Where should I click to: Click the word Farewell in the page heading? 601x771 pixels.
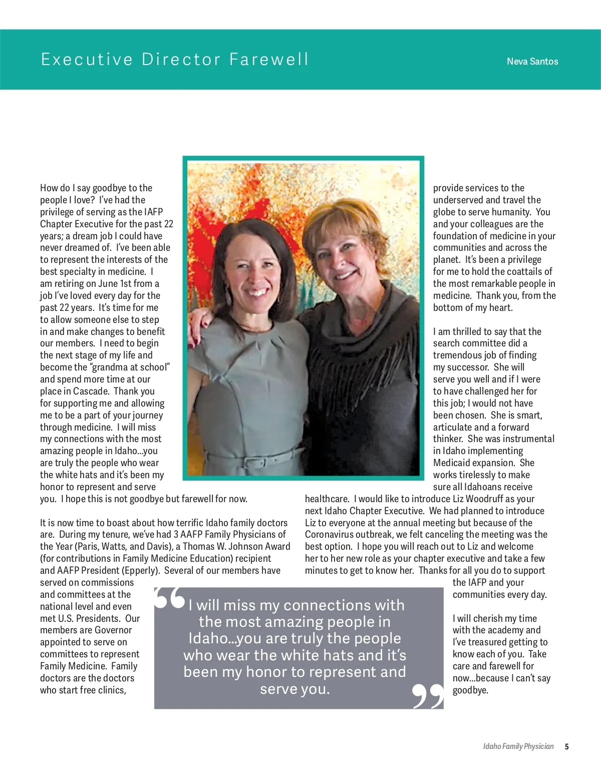[269, 59]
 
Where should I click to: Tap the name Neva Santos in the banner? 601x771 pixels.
[532, 62]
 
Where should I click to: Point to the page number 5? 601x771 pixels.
[566, 746]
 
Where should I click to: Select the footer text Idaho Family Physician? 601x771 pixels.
[518, 746]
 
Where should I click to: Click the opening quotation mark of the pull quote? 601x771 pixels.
[169, 598]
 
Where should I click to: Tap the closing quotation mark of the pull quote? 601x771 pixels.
[428, 696]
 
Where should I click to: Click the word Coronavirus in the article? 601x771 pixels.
[330, 535]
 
